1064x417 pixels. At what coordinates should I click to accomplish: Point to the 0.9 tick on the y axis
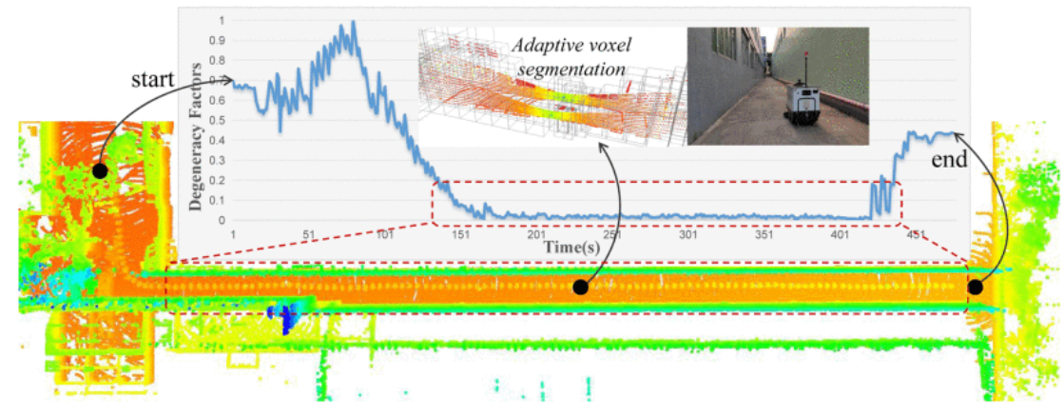coord(221,40)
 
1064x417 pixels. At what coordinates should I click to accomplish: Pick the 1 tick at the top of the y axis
coord(222,20)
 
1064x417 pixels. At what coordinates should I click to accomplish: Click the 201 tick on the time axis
coord(536,235)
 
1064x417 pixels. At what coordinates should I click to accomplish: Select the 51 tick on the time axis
coord(308,235)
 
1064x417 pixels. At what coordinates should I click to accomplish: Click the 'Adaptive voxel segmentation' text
coord(568,56)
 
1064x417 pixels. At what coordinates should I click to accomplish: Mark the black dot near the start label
coord(99,170)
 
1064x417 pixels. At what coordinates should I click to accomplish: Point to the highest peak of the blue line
coord(354,22)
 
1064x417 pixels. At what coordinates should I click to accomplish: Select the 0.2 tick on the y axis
coord(221,180)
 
